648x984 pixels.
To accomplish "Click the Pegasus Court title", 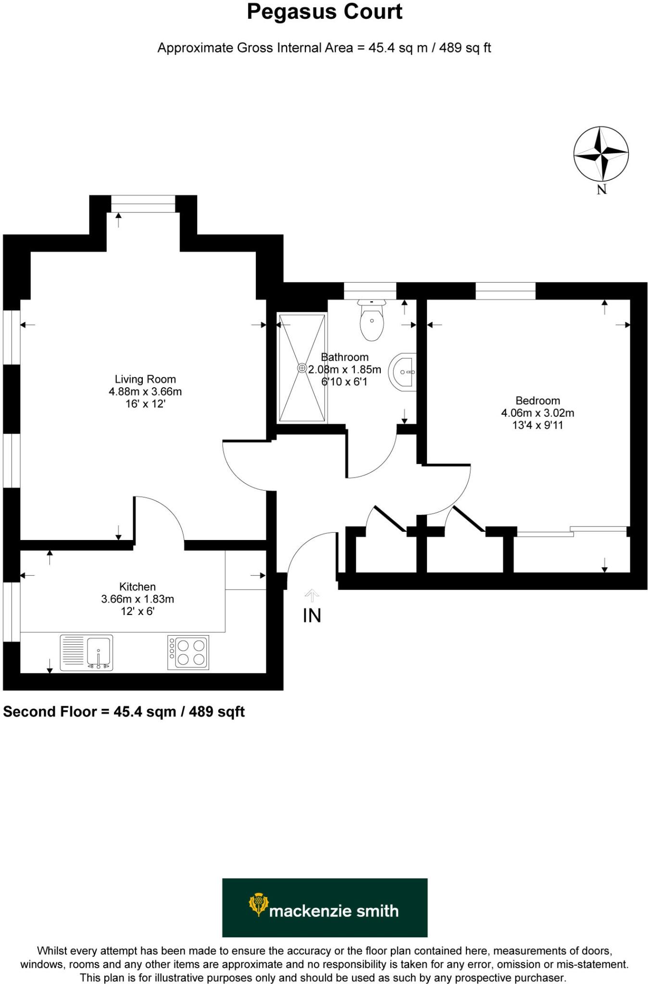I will pos(324,12).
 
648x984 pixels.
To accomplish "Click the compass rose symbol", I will pos(601,154).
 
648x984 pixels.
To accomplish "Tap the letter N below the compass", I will pos(602,190).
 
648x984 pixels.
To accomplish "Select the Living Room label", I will pos(145,379).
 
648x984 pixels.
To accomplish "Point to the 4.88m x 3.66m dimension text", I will pos(145,392).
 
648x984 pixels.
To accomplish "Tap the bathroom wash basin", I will pos(404,372).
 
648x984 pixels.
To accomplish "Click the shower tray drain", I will pos(302,368).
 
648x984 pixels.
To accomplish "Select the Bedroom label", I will pos(537,401).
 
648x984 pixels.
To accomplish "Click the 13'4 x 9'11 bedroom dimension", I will pos(537,425).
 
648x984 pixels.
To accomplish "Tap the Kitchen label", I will pos(137,587).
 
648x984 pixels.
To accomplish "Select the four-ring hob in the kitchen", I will pos(188,652).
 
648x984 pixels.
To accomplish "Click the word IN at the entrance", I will pos(312,615).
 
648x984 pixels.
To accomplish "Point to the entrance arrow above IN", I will pos(312,596).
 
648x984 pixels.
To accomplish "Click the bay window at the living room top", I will pos(143,204).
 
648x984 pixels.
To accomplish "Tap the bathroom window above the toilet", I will pos(370,291).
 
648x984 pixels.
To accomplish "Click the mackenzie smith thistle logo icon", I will pos(258,904).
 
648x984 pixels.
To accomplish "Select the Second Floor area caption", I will pos(124,712).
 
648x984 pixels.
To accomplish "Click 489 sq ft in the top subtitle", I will pos(465,48).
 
